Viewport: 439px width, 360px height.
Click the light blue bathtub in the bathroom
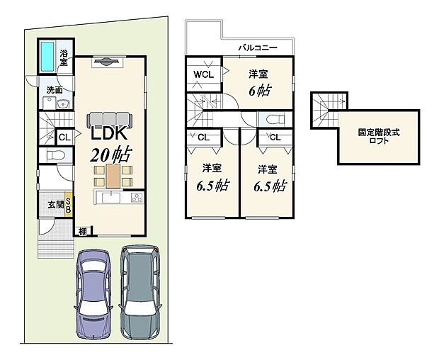47,56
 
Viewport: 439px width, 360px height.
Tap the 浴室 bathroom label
64,59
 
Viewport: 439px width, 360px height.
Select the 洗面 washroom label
54,90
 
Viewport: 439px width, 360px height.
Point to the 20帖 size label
110,154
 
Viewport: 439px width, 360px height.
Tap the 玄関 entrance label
55,205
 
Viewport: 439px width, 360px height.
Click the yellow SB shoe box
69,204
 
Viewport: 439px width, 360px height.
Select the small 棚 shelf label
83,230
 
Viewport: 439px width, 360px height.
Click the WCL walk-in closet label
204,74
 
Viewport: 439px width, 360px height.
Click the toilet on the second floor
273,118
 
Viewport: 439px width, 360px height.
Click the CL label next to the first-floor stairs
64,137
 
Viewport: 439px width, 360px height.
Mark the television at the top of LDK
106,62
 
